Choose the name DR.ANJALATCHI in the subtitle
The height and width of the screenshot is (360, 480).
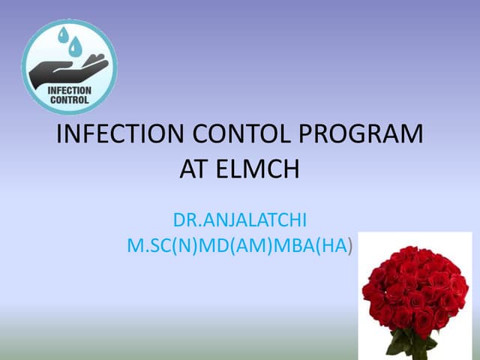pyautogui.click(x=239, y=221)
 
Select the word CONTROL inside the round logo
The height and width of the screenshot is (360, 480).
pyautogui.click(x=69, y=99)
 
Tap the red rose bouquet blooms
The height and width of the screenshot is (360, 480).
pyautogui.click(x=415, y=289)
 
